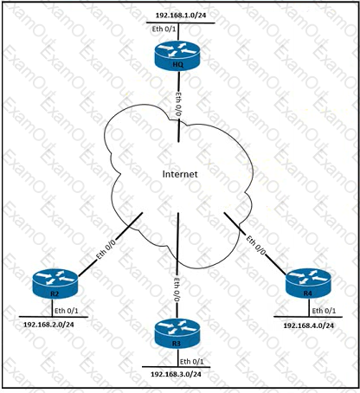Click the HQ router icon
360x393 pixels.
click(177, 56)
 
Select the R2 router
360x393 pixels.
click(55, 284)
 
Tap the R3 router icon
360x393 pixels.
click(177, 333)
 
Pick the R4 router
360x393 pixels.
click(308, 283)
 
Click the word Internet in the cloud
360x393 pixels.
click(180, 174)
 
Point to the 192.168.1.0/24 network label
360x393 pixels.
click(181, 16)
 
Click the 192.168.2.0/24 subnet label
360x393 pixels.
click(48, 325)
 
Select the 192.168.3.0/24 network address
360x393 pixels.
click(176, 374)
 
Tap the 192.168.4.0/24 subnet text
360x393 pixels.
click(309, 325)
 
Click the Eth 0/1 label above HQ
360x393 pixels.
click(164, 29)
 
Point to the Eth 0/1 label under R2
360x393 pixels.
click(67, 311)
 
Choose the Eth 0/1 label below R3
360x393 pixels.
click(192, 362)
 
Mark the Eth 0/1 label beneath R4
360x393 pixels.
click(324, 311)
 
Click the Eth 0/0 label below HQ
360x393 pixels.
click(178, 105)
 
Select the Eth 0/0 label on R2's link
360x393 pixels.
click(106, 249)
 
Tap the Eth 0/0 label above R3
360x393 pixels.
click(177, 290)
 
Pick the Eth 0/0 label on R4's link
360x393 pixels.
click(255, 245)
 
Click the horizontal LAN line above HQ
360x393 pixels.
click(181, 23)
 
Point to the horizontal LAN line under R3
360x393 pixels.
click(176, 367)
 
